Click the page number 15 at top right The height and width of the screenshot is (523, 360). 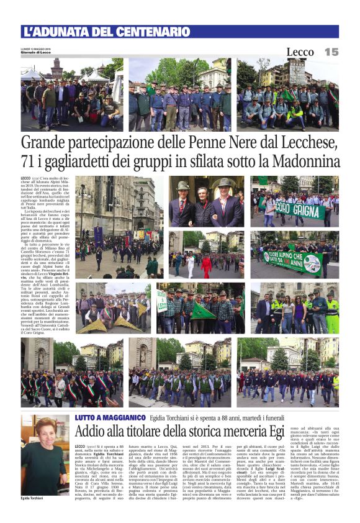(x=331, y=52)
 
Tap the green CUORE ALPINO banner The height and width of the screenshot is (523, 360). (x=292, y=260)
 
